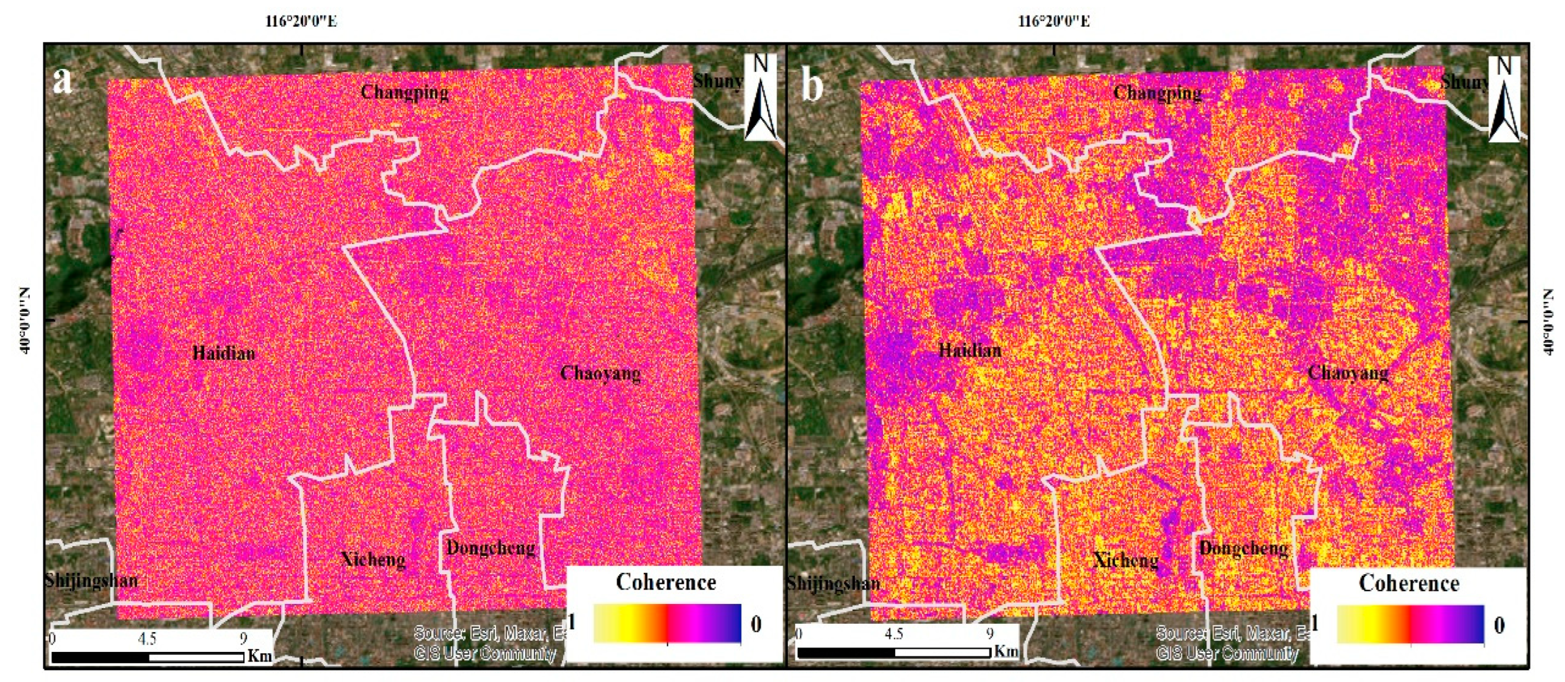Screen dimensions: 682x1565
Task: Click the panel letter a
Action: (x=62, y=81)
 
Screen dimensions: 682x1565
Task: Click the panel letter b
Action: (x=812, y=85)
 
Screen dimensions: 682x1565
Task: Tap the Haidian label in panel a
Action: (x=224, y=353)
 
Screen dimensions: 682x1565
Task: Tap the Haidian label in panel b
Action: (x=970, y=350)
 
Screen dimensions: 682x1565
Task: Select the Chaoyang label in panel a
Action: (x=600, y=373)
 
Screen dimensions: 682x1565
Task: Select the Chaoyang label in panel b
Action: (x=1347, y=372)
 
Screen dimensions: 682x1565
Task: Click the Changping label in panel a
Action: (x=404, y=92)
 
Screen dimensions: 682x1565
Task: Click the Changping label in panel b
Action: (x=1157, y=92)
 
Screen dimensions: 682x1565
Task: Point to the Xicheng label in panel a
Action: (x=373, y=559)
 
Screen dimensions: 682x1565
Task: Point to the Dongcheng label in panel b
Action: (x=1243, y=548)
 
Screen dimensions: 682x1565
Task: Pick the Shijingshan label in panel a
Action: (x=91, y=580)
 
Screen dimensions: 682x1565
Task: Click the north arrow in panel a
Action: (x=760, y=97)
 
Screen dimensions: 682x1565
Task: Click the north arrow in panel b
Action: (x=1504, y=99)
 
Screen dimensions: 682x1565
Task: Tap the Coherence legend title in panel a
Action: (x=666, y=582)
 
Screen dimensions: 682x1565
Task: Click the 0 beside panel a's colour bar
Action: (x=756, y=623)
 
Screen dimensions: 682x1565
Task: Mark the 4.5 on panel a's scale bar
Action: (x=147, y=638)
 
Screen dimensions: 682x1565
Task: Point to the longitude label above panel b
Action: (x=1053, y=21)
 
